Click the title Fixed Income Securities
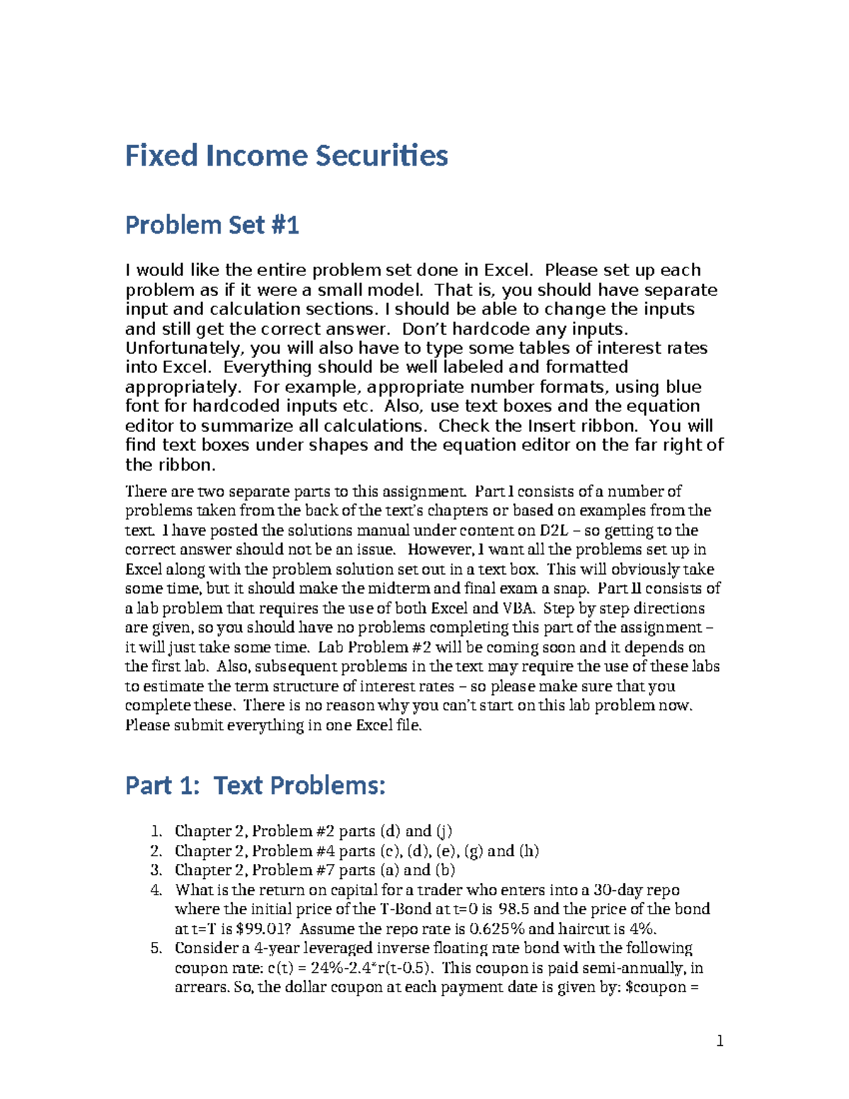click(287, 156)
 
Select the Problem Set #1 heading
click(212, 225)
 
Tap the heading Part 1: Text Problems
click(255, 786)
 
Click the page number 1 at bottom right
click(720, 1040)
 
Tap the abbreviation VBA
click(519, 609)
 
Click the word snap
click(572, 589)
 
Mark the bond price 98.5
click(514, 909)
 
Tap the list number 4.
click(156, 890)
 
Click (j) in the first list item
click(444, 832)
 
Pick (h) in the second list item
click(529, 851)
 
